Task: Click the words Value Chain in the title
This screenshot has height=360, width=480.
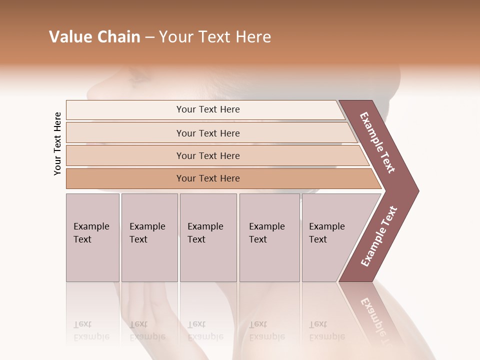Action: (x=94, y=37)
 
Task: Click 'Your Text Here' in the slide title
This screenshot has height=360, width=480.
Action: (x=215, y=37)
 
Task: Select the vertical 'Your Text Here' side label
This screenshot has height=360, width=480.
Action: (x=57, y=143)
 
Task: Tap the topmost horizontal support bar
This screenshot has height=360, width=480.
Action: (x=208, y=109)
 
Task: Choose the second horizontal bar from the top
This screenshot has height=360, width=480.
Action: (x=208, y=133)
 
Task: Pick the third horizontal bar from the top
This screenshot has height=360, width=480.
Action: (x=208, y=155)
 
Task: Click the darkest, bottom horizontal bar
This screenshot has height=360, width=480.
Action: (x=208, y=178)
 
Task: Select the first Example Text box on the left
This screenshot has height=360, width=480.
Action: (x=92, y=237)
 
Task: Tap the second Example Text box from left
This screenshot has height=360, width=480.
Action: (x=149, y=237)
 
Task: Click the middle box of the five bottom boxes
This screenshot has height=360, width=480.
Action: (x=208, y=237)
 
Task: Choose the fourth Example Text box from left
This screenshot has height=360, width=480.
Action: (x=269, y=237)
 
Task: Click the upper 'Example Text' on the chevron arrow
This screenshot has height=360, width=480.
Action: (x=378, y=142)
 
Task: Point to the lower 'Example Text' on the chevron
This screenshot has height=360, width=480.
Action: (x=379, y=236)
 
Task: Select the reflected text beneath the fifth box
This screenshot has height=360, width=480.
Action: (x=326, y=330)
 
